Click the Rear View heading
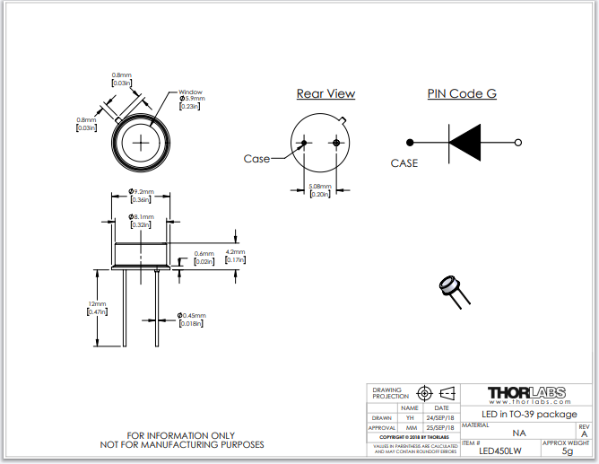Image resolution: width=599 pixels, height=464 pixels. click(x=326, y=93)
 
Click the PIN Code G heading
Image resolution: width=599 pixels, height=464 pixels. click(x=462, y=93)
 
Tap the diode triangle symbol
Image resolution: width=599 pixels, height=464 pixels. click(x=465, y=142)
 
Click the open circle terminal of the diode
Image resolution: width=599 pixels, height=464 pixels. click(x=519, y=142)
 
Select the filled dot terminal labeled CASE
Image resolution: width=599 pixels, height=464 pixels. click(x=410, y=142)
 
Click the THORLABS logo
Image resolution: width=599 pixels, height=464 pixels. click(x=525, y=392)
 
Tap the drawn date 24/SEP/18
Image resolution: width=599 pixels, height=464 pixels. click(x=441, y=418)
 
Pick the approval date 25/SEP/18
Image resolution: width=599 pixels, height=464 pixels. click(x=441, y=429)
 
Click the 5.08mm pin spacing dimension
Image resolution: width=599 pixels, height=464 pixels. click(x=319, y=187)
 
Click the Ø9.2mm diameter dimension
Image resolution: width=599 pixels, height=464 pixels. click(x=141, y=191)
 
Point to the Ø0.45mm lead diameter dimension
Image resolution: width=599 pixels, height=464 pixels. click(x=191, y=315)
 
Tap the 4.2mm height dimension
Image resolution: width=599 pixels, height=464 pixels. click(x=234, y=252)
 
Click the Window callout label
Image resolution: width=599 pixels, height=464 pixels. click(x=190, y=92)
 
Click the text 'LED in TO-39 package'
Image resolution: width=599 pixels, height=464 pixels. click(x=529, y=414)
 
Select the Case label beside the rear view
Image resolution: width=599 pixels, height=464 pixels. click(x=256, y=159)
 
